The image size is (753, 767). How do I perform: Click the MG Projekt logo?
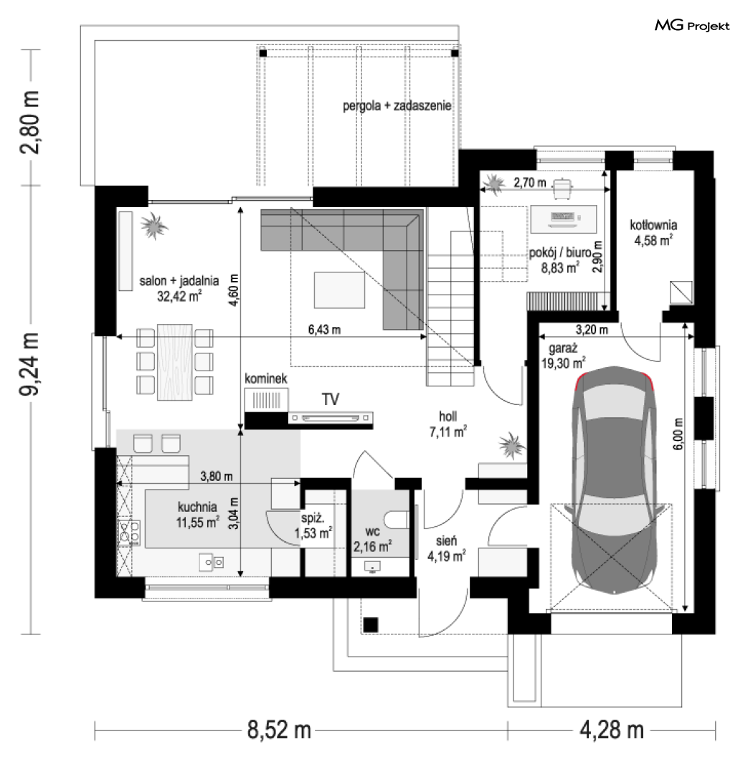tap(692, 25)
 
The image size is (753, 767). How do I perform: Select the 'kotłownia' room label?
tap(653, 225)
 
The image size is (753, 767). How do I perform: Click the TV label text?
tap(331, 399)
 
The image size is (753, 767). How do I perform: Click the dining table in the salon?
tap(175, 362)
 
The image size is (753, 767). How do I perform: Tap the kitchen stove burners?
tap(129, 533)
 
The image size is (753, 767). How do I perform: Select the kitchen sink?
tap(212, 562)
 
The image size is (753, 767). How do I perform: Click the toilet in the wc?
tap(397, 520)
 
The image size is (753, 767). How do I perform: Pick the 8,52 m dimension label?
tap(279, 730)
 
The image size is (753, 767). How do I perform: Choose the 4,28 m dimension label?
tap(612, 730)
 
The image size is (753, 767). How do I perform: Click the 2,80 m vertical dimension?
tap(30, 123)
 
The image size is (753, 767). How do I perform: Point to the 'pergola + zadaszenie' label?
tap(397, 105)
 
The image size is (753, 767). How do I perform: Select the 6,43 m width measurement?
tap(324, 330)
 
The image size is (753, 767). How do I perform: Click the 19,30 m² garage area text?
tap(563, 363)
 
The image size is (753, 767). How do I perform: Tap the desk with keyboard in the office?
tap(564, 218)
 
